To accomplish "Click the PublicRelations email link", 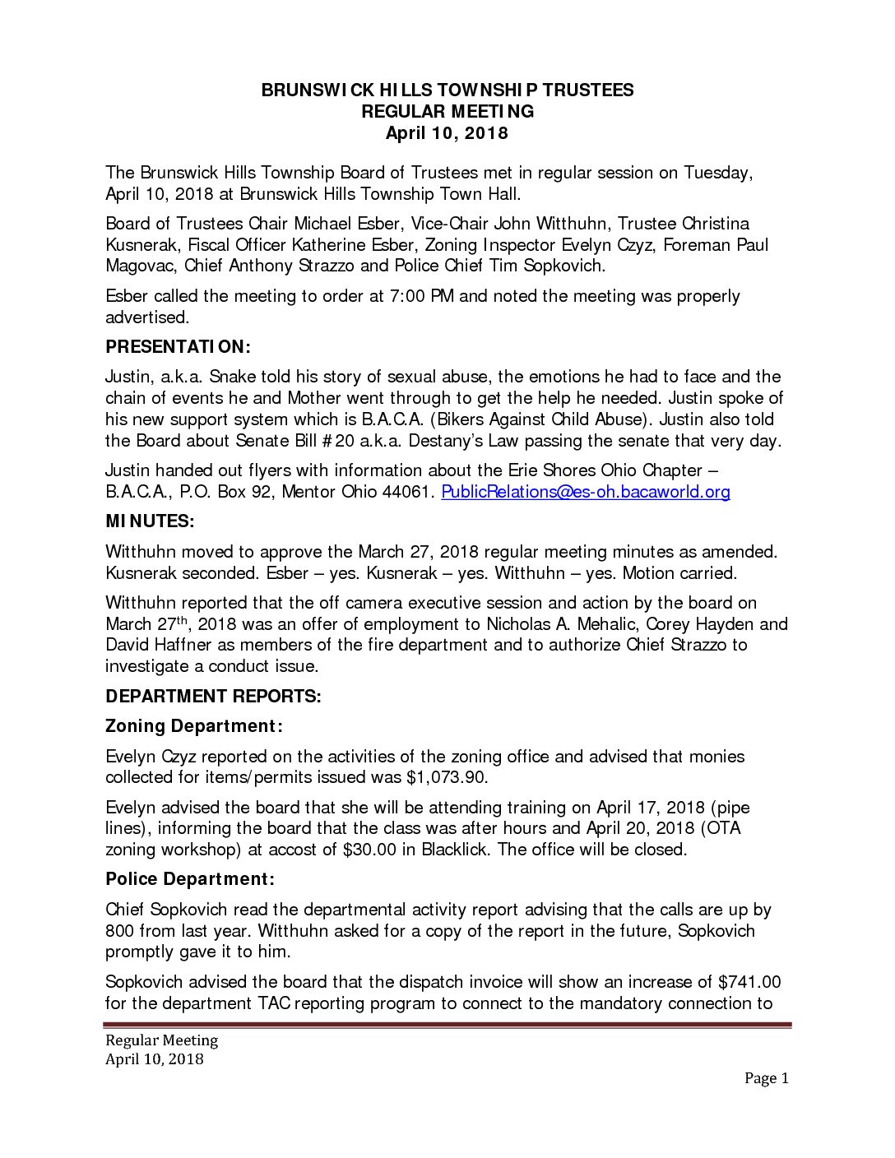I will (586, 492).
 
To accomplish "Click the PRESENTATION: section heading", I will (178, 347).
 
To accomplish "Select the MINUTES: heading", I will (150, 521).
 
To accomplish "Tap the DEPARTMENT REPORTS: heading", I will (213, 697).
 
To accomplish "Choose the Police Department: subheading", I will (190, 879).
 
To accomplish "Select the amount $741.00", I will (749, 982).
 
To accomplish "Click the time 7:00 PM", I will (420, 296).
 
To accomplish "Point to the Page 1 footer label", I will (766, 1078).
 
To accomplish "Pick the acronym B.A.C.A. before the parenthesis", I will (397, 419).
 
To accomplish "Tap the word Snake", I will (233, 377).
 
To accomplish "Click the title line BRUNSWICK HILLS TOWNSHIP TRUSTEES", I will (447, 90).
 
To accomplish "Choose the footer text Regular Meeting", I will (161, 1040).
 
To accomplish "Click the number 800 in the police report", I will (120, 931).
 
